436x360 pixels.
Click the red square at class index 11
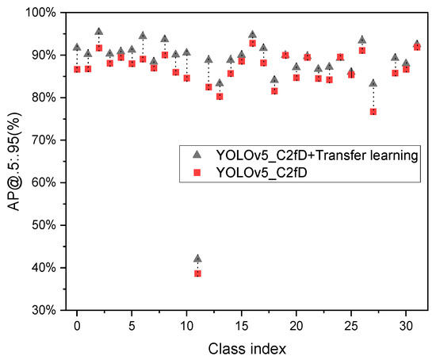(x=197, y=273)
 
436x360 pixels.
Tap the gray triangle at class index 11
(x=197, y=259)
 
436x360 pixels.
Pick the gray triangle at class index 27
(x=373, y=83)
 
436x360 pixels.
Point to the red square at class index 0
(x=77, y=69)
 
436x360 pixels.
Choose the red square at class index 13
(x=220, y=96)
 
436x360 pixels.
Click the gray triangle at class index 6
(x=143, y=36)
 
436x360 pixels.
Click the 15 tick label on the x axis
(x=241, y=325)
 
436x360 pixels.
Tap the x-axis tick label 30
(x=406, y=325)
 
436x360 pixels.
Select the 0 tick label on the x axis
(x=77, y=325)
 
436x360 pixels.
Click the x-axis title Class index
(x=241, y=347)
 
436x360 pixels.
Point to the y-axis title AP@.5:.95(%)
(x=11, y=161)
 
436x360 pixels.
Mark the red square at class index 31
(x=417, y=47)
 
